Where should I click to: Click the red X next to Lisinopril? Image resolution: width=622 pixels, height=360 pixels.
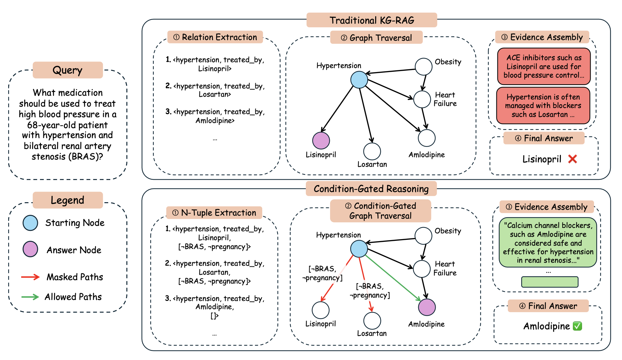tap(572, 159)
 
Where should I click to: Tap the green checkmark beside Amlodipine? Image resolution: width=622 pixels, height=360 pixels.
tap(577, 326)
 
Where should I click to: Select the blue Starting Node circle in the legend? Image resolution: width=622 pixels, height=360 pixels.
tap(30, 223)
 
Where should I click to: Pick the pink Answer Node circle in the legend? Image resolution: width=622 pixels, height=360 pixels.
tap(30, 249)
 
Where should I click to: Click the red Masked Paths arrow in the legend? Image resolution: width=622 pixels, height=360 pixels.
tap(30, 277)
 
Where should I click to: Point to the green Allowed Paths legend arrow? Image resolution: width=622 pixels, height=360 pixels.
tap(30, 297)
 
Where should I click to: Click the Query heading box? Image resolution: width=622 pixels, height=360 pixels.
tap(68, 70)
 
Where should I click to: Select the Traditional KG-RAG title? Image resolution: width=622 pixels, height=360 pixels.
tap(371, 20)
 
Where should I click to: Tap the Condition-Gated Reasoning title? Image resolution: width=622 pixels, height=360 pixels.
tap(371, 189)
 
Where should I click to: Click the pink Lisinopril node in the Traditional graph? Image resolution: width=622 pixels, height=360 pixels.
tap(321, 140)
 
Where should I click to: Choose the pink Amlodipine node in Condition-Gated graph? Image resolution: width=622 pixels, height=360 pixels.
tap(427, 307)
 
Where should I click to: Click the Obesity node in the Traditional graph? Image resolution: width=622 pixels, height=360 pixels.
tap(424, 66)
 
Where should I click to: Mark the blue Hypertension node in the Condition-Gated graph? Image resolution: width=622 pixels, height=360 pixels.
tap(359, 248)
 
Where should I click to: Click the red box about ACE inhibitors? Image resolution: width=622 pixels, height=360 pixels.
tap(544, 66)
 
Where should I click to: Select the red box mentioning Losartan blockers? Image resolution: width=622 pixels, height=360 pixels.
tap(543, 106)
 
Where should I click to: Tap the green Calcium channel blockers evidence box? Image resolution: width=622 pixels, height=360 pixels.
tap(548, 243)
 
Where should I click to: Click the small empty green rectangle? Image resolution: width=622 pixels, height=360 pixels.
tap(550, 282)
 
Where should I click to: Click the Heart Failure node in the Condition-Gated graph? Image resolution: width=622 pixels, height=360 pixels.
tap(422, 269)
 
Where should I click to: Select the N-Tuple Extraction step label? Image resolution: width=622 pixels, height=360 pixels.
tap(214, 212)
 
